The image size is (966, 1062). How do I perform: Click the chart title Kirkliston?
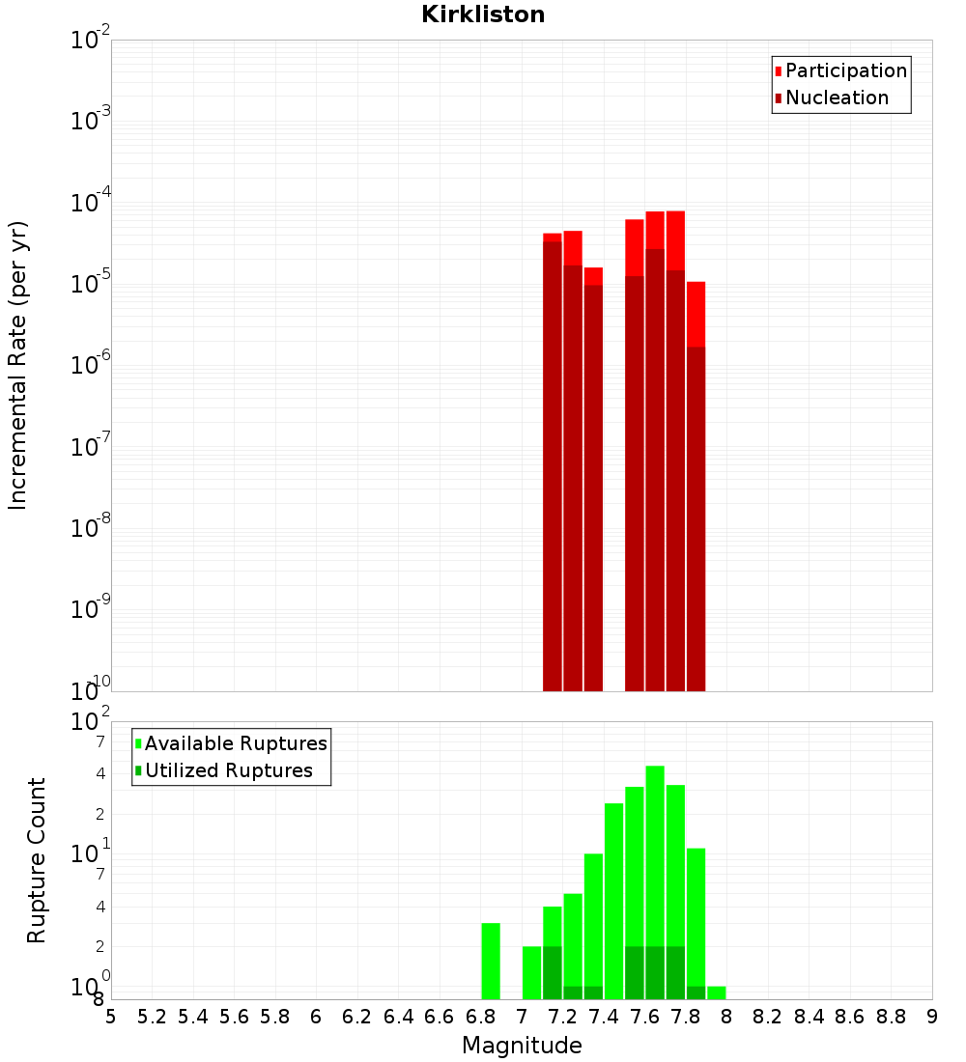483,14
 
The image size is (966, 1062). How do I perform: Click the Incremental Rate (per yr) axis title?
18,365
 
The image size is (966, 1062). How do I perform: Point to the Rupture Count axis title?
37,860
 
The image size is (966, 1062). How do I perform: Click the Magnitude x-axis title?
522,1046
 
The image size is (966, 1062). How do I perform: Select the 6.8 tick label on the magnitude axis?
480,1016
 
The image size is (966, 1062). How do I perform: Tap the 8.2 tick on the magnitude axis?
768,1016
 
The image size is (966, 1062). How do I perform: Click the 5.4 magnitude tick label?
193,1016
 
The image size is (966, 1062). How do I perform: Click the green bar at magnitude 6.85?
491,961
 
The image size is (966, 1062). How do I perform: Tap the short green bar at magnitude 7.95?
716,992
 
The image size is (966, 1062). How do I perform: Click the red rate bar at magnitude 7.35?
593,483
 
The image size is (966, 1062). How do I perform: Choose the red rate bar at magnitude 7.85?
696,483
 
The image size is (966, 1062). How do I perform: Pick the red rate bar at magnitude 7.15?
553,463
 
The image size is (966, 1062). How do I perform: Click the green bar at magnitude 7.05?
531,972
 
